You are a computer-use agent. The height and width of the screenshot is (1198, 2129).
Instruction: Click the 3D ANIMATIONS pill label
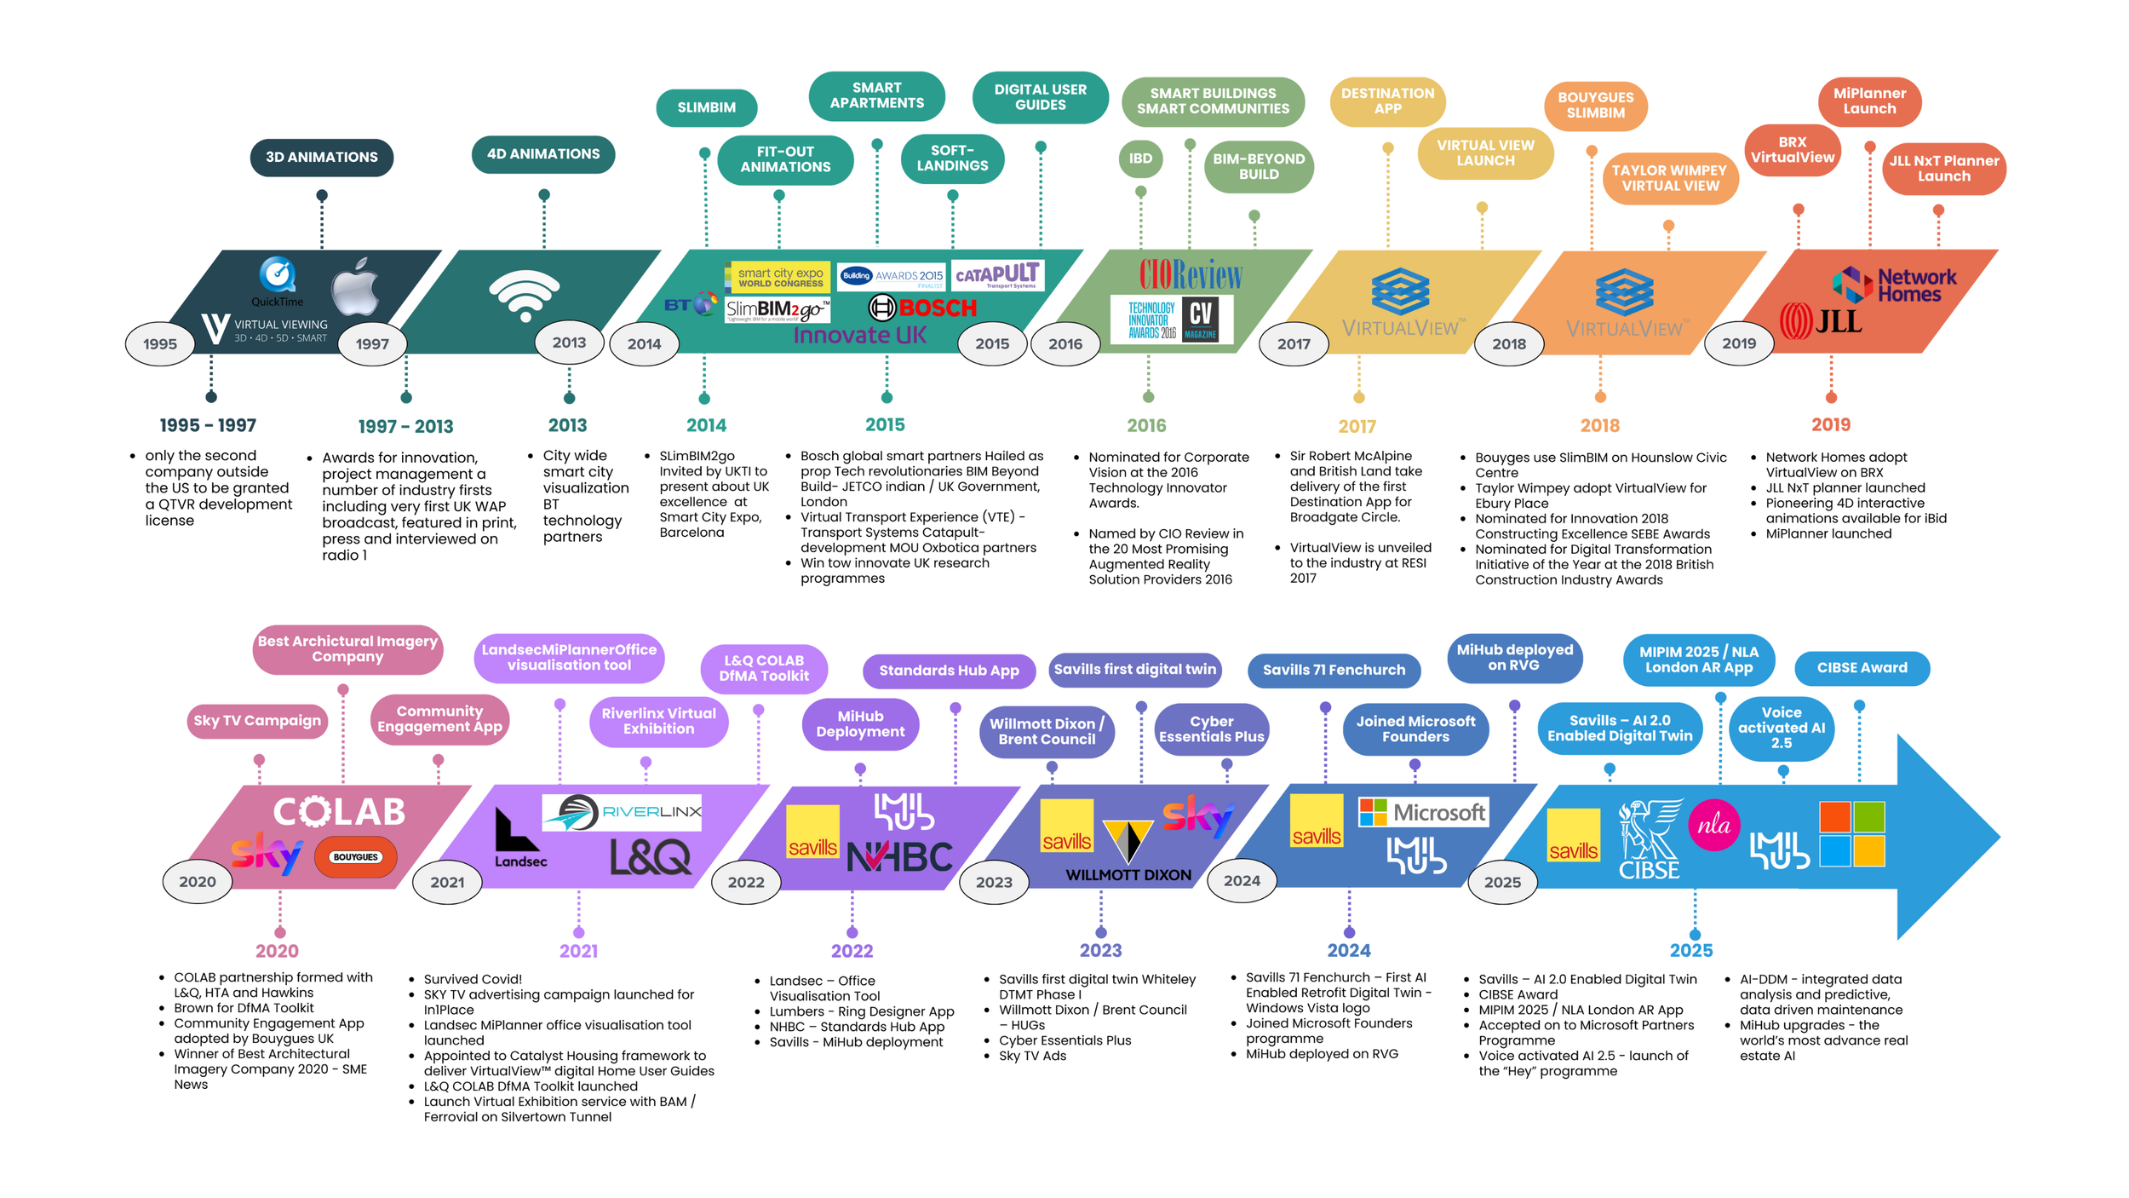click(x=321, y=158)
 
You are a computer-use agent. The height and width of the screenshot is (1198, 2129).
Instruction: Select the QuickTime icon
click(x=278, y=276)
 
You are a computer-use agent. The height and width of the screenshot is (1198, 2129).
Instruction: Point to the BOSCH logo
click(x=923, y=308)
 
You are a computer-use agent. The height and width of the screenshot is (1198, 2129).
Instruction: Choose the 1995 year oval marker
click(x=160, y=344)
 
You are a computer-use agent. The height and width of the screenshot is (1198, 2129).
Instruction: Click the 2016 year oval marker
click(x=1065, y=344)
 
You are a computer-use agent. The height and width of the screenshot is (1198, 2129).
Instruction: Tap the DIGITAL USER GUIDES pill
click(x=1040, y=97)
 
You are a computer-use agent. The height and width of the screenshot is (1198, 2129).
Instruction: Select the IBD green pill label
click(x=1140, y=158)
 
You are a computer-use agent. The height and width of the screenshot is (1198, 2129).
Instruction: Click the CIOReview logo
click(x=1191, y=274)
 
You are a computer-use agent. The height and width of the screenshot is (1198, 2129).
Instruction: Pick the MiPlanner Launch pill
click(x=1869, y=101)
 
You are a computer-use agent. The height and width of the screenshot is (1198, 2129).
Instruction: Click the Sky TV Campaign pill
click(x=257, y=721)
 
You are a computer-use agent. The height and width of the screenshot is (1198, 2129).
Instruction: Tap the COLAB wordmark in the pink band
click(x=339, y=812)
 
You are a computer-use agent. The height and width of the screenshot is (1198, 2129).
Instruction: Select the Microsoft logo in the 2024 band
click(x=1422, y=813)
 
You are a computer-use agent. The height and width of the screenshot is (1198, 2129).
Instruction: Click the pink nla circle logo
click(x=1713, y=825)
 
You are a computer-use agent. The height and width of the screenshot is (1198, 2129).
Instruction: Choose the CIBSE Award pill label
click(x=1862, y=668)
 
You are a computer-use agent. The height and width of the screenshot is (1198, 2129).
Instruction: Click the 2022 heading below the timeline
click(x=852, y=951)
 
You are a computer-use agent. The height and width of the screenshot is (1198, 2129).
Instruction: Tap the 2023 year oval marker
click(x=994, y=882)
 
